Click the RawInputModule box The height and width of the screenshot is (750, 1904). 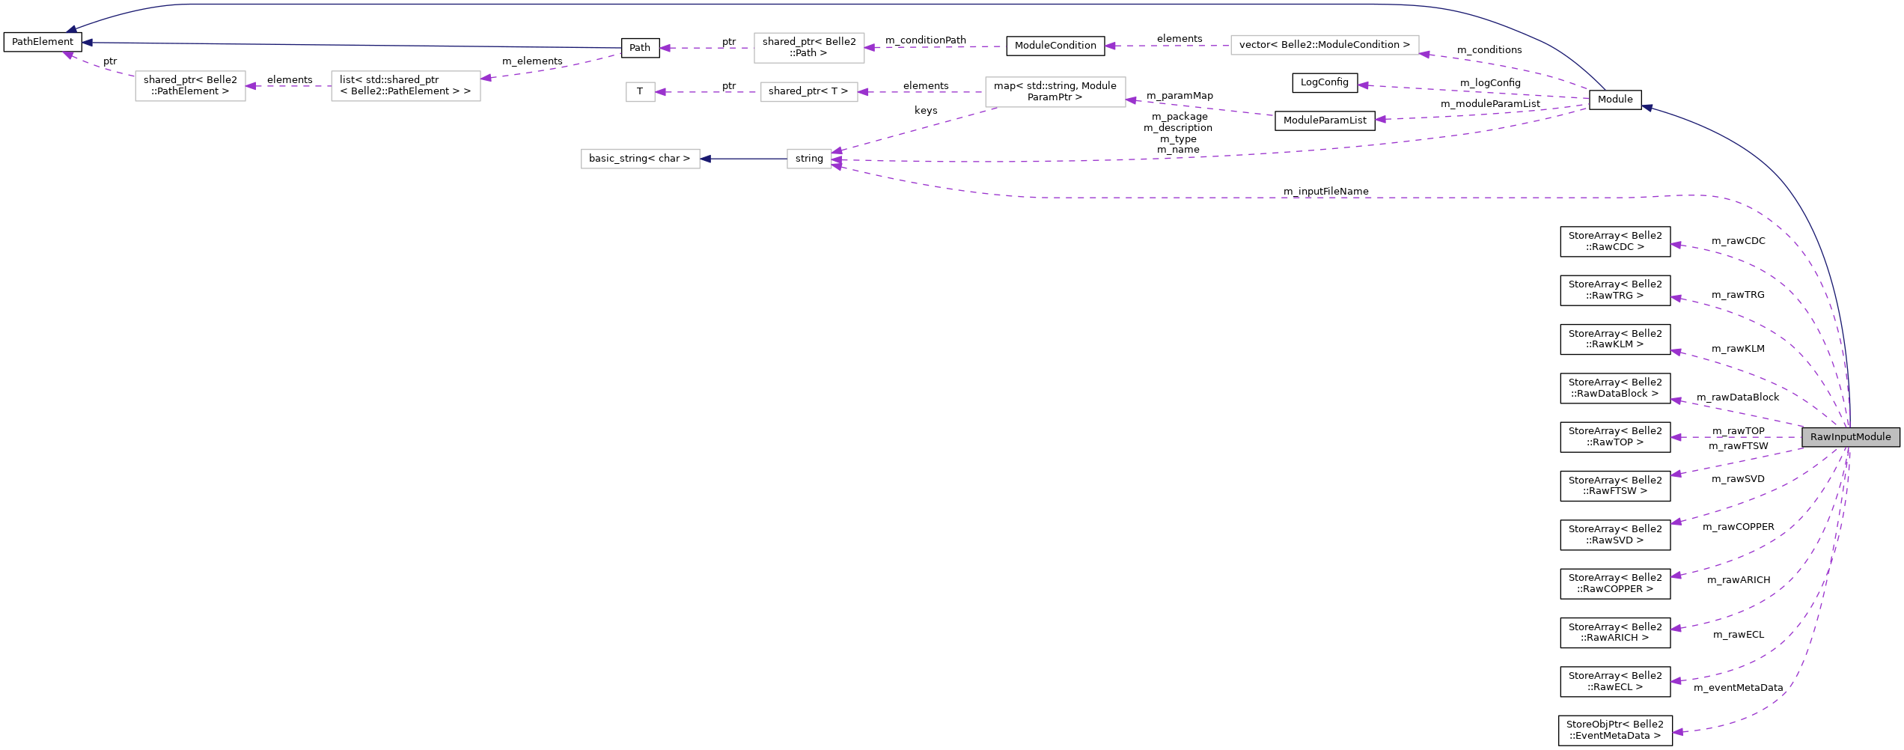pos(1850,437)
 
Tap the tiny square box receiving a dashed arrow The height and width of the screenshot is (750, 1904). pos(640,92)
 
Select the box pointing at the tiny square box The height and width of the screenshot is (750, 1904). pos(809,92)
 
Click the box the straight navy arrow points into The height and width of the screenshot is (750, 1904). pos(640,159)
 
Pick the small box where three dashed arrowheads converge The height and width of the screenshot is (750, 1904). pos(809,159)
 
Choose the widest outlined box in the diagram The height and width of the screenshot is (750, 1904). pos(1325,45)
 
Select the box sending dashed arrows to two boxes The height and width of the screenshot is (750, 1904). pos(1055,92)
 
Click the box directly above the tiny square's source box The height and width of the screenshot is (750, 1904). pos(809,48)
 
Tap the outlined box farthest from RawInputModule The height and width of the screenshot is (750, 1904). pos(190,86)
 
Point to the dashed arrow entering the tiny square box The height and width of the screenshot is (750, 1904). pos(707,92)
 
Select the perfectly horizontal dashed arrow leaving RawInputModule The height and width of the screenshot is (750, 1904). pos(1736,437)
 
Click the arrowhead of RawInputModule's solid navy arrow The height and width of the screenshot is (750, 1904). pos(1647,109)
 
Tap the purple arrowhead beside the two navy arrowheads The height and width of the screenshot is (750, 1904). pos(67,54)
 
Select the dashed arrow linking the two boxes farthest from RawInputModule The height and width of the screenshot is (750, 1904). pos(288,86)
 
